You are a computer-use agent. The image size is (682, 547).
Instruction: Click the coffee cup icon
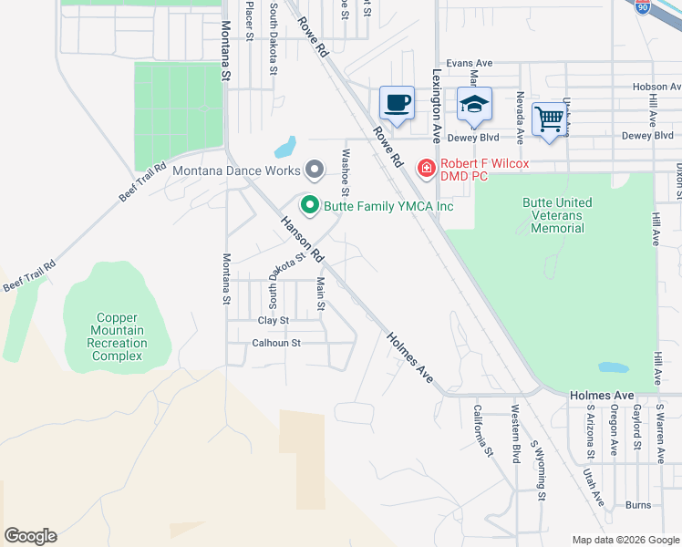[x=397, y=103]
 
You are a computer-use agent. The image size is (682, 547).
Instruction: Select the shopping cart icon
[x=549, y=119]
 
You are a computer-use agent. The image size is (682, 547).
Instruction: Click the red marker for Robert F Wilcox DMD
[x=425, y=167]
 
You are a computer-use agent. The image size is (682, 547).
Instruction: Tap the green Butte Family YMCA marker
[x=310, y=206]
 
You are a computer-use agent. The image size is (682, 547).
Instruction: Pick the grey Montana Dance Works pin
[x=315, y=170]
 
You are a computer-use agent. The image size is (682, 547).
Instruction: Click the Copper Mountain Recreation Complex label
[x=117, y=336]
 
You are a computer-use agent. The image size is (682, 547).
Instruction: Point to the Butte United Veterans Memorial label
[x=557, y=215]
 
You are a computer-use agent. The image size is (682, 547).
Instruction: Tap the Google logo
[x=30, y=535]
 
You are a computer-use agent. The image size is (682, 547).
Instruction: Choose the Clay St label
[x=273, y=320]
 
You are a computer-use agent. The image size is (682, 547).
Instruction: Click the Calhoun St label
[x=276, y=343]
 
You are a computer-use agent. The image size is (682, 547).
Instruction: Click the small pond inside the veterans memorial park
[x=613, y=368]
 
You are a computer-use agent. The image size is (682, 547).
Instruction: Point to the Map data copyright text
[x=625, y=540]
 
